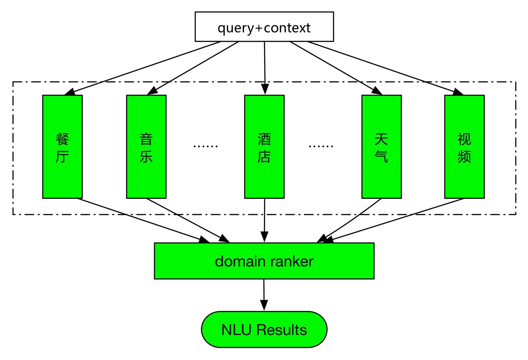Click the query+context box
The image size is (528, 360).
[x=264, y=27]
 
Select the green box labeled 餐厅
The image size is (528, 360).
[x=63, y=147]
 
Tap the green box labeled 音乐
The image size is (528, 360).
[x=146, y=147]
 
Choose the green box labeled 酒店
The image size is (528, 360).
[x=264, y=147]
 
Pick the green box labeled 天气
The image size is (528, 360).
[x=382, y=147]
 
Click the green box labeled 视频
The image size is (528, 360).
[x=465, y=147]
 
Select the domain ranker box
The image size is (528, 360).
[x=264, y=261]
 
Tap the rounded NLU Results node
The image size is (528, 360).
[x=264, y=329]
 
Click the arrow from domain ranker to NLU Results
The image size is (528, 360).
[x=264, y=295]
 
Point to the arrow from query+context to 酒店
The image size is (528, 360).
[x=265, y=68]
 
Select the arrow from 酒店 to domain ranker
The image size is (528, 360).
[x=264, y=221]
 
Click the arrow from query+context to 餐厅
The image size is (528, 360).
[x=143, y=68]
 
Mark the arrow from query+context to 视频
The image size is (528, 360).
[x=385, y=68]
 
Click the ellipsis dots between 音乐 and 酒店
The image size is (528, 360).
[x=206, y=146]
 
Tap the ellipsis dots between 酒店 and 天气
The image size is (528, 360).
[x=321, y=146]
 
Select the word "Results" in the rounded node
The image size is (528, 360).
[x=282, y=329]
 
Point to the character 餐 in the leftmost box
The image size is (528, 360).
[x=63, y=139]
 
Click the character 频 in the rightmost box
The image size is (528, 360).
[x=464, y=156]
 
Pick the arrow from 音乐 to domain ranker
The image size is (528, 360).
[x=188, y=221]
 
